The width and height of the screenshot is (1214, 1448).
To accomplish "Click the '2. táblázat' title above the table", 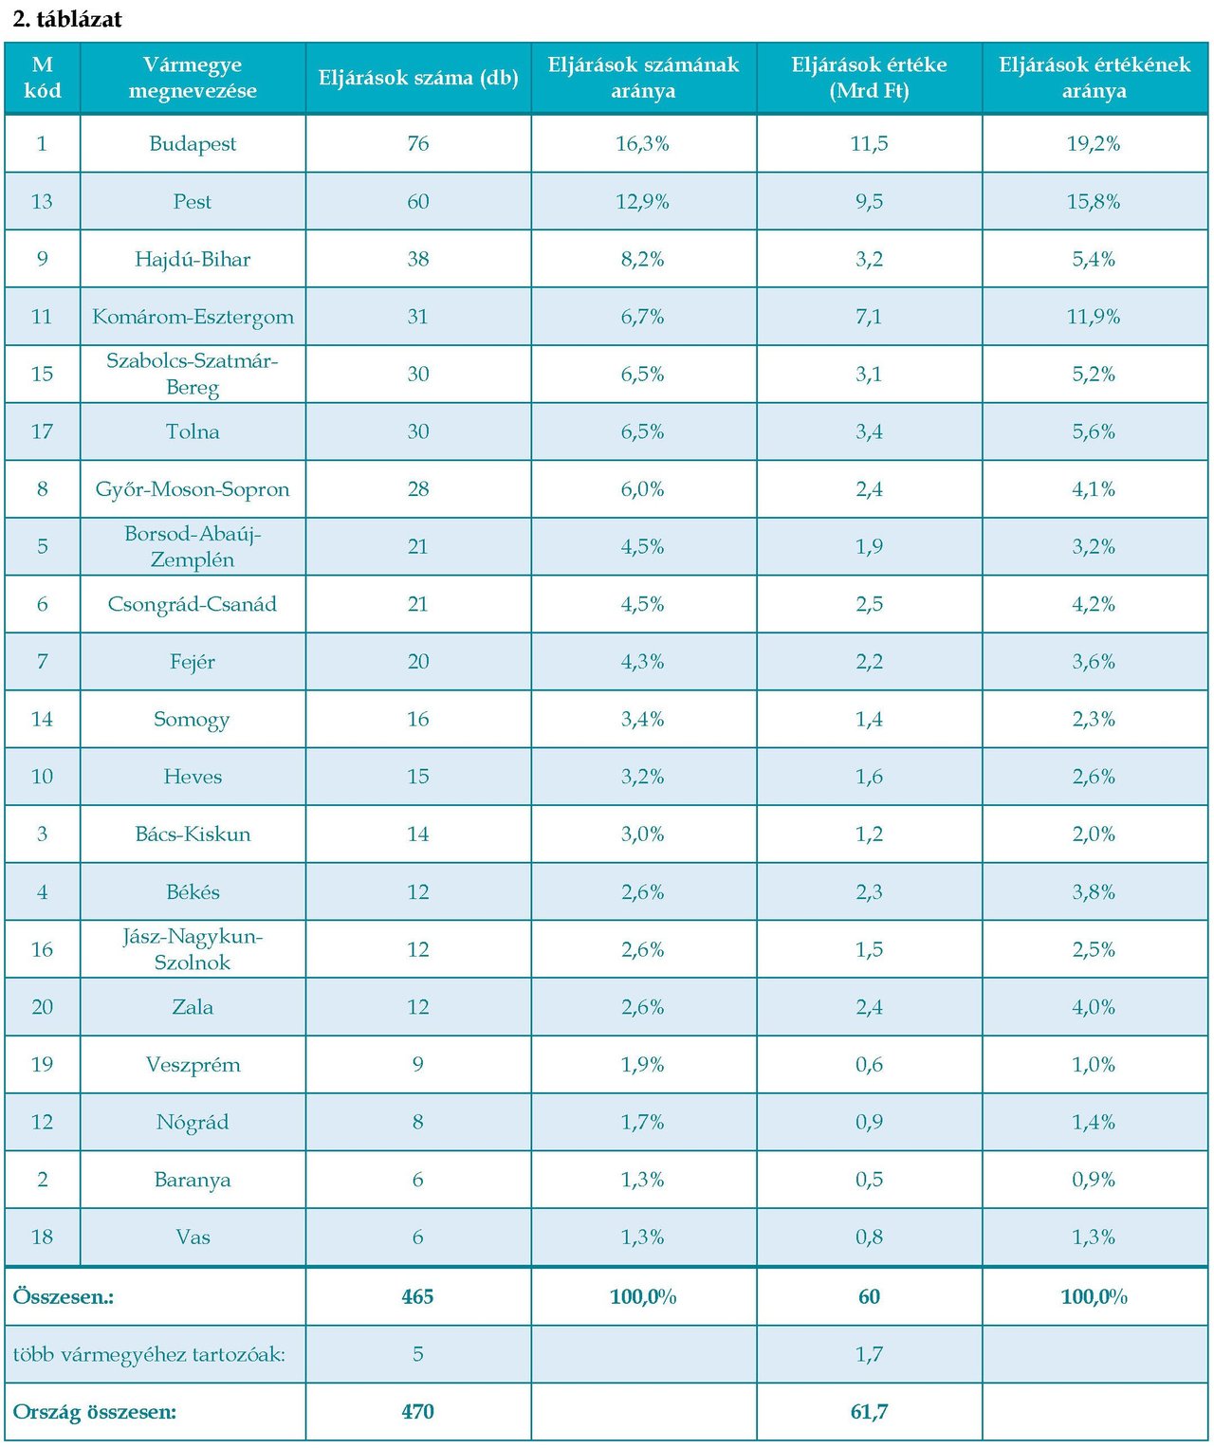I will (67, 19).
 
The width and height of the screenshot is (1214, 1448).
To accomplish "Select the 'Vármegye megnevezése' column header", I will (193, 78).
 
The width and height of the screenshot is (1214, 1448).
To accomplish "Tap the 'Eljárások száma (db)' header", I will (418, 78).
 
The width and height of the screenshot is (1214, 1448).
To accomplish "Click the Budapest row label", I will (193, 144).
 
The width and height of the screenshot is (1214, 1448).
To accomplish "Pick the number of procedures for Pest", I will (418, 202).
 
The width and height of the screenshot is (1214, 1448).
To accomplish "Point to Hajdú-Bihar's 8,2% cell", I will (643, 260).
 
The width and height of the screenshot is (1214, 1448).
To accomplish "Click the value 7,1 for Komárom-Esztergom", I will (869, 317).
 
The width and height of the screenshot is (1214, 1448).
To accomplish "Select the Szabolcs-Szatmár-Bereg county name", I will (193, 374).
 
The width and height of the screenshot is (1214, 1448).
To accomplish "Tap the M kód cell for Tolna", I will (43, 431).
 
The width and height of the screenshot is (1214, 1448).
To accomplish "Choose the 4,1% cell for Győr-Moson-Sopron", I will (1094, 489).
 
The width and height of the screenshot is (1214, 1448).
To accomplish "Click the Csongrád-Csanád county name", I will (193, 604).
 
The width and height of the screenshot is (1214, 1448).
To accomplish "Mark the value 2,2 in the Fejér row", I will (869, 662).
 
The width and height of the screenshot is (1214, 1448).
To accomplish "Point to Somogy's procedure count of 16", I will (418, 719).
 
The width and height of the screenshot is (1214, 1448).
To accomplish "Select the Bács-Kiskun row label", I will (193, 834).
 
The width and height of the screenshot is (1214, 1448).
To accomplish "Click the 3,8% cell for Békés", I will (1094, 892).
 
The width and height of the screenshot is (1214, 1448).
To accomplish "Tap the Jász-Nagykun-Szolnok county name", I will (193, 949).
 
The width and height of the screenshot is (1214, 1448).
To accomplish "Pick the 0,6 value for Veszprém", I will (869, 1065).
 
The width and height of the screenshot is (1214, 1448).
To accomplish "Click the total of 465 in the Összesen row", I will (418, 1297).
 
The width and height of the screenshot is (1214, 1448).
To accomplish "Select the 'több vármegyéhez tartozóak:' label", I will (149, 1354).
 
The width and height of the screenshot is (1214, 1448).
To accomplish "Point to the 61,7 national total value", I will (869, 1412).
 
